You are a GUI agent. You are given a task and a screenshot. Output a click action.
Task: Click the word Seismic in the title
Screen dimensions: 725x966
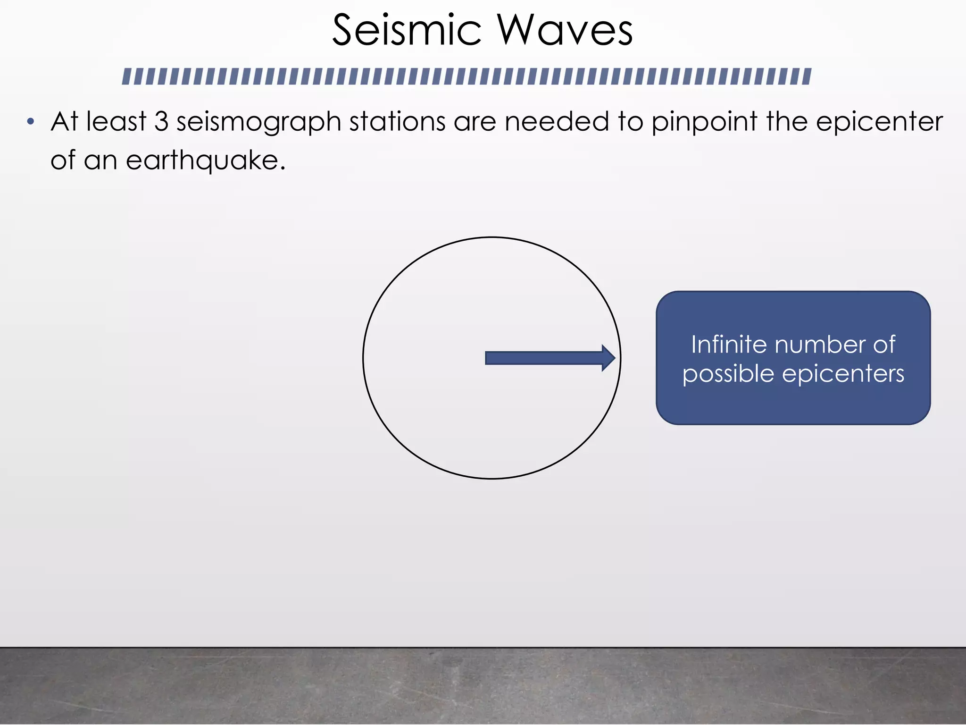[x=407, y=31]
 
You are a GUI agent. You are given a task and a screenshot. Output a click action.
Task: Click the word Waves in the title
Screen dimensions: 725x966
[x=565, y=31]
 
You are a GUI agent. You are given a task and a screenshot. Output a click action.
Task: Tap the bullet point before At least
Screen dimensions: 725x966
[x=31, y=122]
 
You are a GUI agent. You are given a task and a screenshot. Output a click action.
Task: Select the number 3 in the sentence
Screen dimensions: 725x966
[x=161, y=121]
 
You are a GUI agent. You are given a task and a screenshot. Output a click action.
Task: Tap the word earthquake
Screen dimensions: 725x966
[x=205, y=161]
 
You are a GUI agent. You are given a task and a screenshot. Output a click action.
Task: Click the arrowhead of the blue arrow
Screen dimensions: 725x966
[x=609, y=358]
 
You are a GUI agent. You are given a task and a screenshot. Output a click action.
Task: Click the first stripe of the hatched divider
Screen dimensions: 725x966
[x=126, y=76]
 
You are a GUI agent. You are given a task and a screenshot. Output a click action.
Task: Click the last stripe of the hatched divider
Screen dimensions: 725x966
[x=807, y=76]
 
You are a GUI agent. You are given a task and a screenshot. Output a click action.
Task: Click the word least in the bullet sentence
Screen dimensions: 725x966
[x=117, y=121]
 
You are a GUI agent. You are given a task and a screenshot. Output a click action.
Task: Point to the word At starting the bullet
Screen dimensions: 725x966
[x=64, y=121]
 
